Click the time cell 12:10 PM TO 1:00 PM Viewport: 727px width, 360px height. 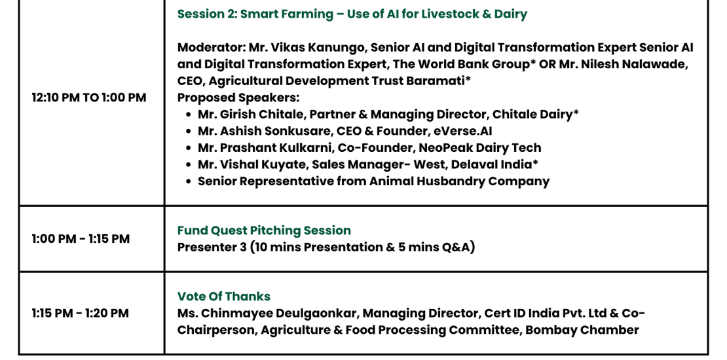(89, 98)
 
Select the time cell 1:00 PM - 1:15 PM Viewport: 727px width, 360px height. (81, 239)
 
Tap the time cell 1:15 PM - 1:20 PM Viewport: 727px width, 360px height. (80, 314)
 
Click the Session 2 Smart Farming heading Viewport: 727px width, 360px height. (352, 14)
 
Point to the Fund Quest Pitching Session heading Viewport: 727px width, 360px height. (265, 230)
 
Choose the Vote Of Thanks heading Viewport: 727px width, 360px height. (224, 296)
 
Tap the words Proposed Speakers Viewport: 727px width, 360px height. (238, 98)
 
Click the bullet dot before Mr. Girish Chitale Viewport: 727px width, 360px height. (188, 115)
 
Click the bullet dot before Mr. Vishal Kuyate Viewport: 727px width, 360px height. (188, 165)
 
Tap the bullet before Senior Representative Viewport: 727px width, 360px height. (188, 181)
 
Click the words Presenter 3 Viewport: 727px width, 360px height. (212, 247)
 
